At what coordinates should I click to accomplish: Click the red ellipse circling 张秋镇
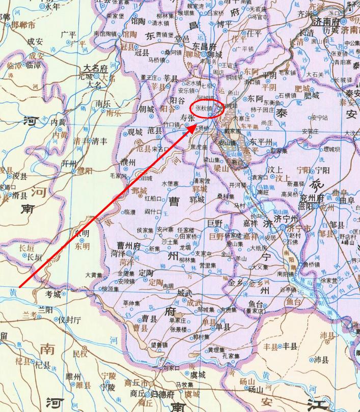[206, 108]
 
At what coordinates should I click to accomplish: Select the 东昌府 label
[205, 46]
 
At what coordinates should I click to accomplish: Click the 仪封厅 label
[70, 320]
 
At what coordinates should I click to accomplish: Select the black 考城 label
[53, 294]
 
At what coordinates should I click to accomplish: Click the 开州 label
[68, 163]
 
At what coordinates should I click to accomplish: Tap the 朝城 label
[146, 109]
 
